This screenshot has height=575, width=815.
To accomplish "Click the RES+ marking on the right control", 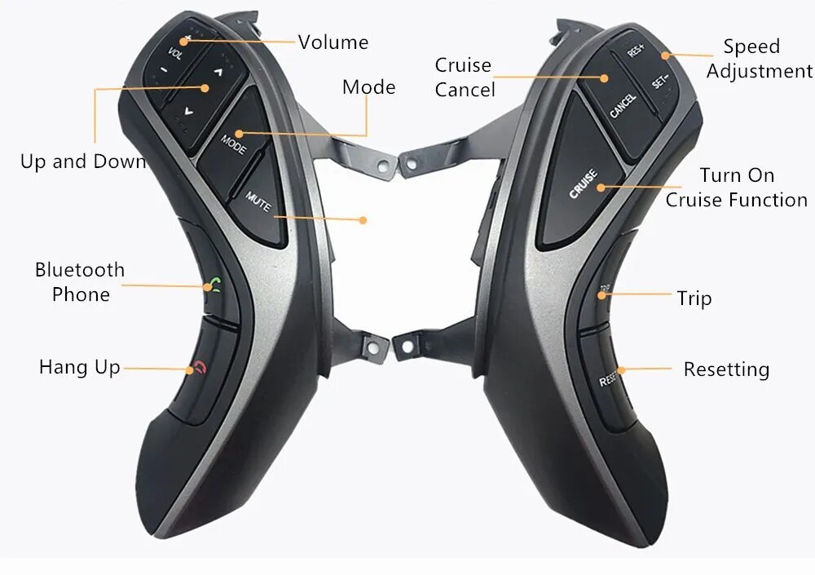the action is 635,50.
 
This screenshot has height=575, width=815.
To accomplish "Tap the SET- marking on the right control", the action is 660,82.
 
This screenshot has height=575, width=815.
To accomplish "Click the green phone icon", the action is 214,285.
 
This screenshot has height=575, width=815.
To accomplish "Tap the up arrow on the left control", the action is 218,72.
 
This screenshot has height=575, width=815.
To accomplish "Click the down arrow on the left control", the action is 188,110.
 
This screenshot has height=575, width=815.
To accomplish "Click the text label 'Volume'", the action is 333,42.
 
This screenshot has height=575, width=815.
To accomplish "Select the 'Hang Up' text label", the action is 80,367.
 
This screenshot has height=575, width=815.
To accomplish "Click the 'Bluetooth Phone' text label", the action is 80,282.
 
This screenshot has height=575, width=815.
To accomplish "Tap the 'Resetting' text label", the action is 726,370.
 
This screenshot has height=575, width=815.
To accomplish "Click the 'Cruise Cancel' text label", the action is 465,77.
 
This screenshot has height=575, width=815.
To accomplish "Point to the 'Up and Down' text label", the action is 83,161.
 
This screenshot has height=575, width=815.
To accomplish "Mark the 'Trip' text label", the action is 694,299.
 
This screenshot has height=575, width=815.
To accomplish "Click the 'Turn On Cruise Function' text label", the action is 737,188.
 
